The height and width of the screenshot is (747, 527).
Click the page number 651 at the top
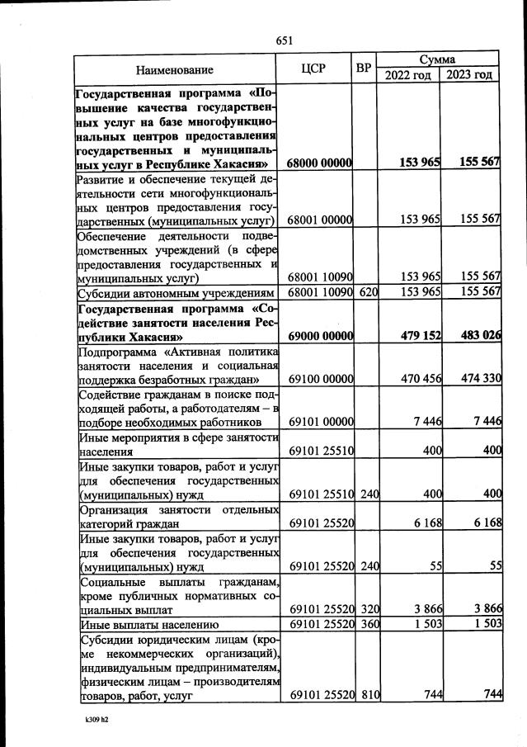click(x=285, y=40)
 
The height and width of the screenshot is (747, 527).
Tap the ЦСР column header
click(x=318, y=69)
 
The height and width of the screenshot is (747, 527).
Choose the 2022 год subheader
click(x=408, y=76)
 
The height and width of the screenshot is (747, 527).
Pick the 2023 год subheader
click(x=470, y=76)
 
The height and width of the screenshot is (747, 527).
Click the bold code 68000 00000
click(x=321, y=163)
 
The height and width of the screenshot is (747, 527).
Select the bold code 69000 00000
click(x=321, y=337)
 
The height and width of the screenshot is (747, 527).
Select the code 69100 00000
click(x=321, y=379)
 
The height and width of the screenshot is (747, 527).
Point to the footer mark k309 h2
click(x=96, y=720)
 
